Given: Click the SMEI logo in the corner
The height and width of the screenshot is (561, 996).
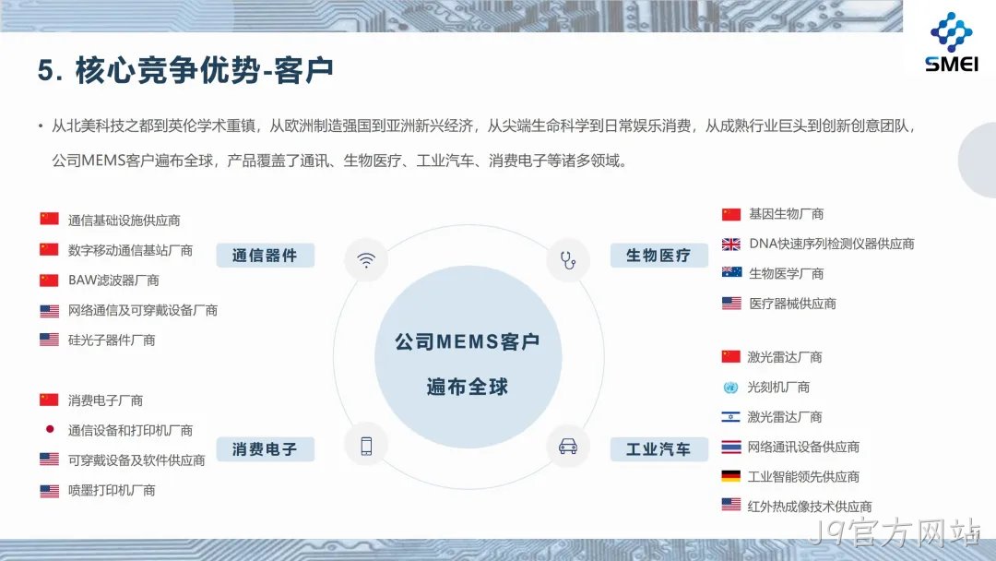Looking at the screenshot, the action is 951,42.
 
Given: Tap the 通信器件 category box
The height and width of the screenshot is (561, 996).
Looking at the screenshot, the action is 265,256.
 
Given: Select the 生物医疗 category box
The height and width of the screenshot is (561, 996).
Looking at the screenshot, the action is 658,256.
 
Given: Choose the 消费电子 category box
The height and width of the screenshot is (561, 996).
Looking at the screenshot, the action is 265,449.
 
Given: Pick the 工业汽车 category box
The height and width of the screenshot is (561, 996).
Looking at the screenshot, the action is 658,449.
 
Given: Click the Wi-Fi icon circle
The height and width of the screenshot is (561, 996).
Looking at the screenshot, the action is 366,260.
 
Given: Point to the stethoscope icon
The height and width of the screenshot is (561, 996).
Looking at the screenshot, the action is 568,260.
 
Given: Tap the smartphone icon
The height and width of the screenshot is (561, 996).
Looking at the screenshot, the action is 366,446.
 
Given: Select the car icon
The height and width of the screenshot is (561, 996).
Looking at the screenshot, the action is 568,446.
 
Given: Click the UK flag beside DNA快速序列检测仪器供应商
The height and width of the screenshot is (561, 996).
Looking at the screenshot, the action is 731,244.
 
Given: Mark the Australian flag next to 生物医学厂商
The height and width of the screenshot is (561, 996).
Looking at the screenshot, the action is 731,272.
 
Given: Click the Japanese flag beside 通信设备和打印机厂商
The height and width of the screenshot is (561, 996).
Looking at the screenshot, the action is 50,429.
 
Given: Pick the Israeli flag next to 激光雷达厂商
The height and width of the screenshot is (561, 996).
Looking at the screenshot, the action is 730,417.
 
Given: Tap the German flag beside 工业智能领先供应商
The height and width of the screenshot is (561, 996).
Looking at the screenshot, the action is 731,476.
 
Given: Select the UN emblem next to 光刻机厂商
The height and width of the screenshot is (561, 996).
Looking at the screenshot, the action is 730,387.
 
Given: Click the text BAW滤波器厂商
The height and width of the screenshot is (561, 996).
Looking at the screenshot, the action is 113,280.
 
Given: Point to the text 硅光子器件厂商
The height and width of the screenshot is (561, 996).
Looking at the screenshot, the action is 112,340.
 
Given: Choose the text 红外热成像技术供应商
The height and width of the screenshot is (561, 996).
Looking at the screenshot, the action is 810,507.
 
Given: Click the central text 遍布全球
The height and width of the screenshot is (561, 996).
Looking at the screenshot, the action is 468,387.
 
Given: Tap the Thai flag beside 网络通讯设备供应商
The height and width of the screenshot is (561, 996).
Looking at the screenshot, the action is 731,447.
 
